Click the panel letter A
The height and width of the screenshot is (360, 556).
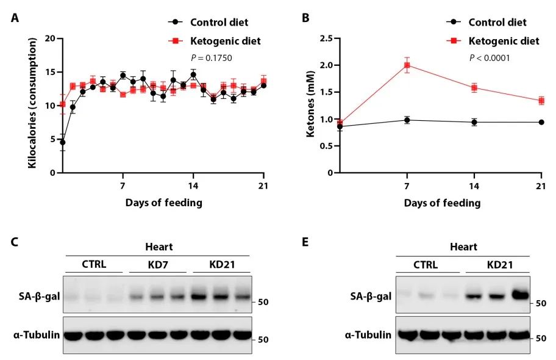point(14,18)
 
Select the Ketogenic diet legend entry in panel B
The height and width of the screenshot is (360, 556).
point(504,41)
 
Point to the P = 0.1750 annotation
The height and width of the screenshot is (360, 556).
point(212,58)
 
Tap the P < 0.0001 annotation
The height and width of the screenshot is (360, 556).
point(490,58)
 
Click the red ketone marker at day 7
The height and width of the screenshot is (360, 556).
point(407,65)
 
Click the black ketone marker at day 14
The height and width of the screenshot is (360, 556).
point(474,122)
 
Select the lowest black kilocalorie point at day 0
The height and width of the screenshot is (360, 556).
point(62,142)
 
